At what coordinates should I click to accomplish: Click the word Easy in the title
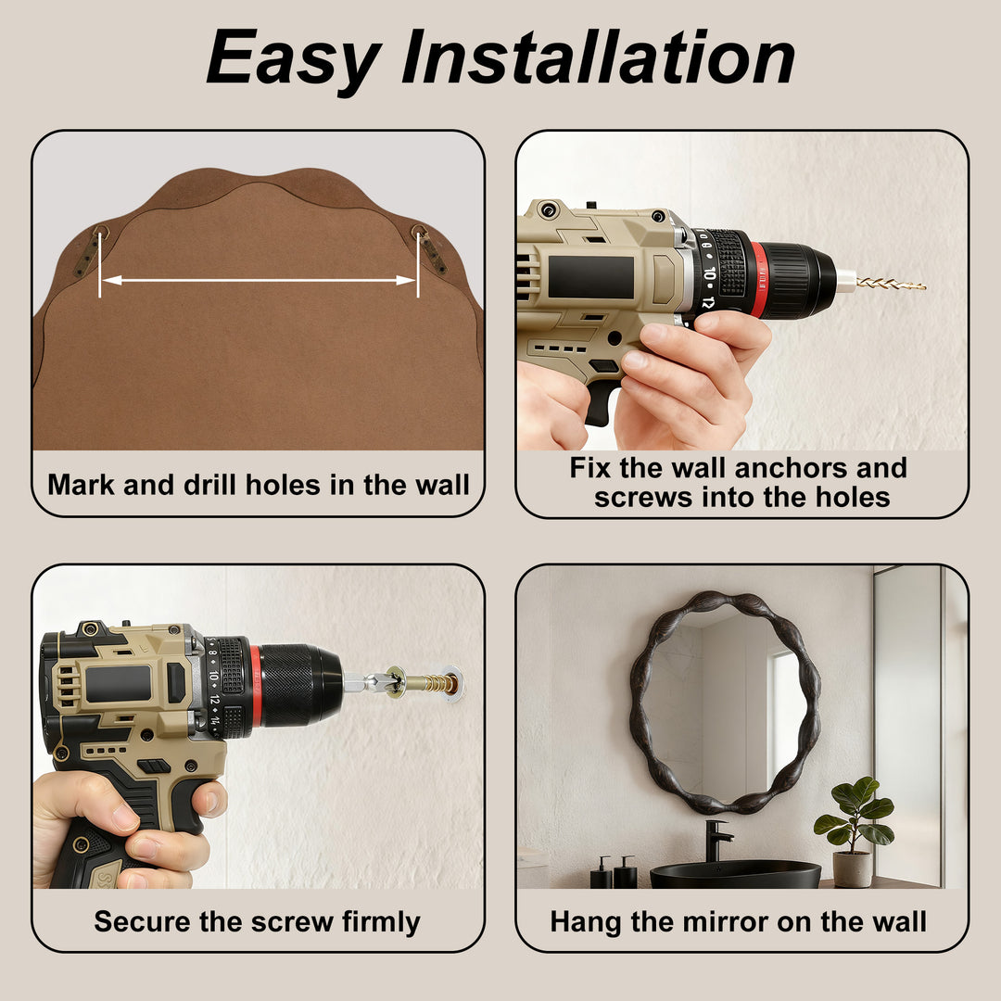pos(294,59)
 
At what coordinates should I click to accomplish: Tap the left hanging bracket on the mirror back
pos(91,249)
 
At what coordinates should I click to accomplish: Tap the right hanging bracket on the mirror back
pos(430,248)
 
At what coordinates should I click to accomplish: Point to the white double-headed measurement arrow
pos(259,280)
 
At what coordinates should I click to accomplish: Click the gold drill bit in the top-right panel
pos(891,283)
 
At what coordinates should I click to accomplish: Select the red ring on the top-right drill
pos(757,279)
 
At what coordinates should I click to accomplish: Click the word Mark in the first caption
pos(81,485)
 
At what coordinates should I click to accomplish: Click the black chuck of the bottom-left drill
pos(300,685)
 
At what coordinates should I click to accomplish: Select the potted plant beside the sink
pos(855,830)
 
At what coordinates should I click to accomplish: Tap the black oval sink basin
pos(735,874)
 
